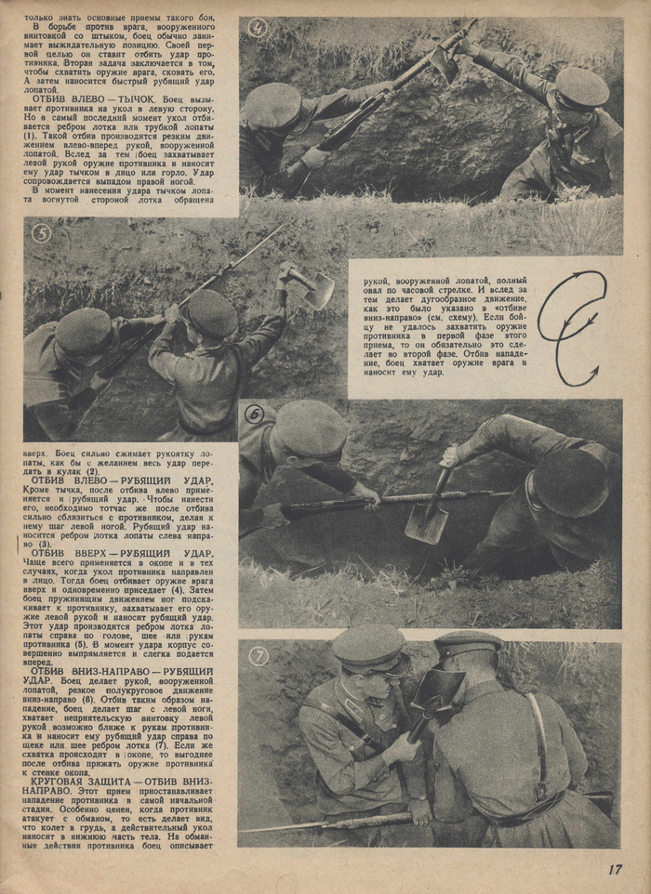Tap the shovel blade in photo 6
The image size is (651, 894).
click(426, 522)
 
